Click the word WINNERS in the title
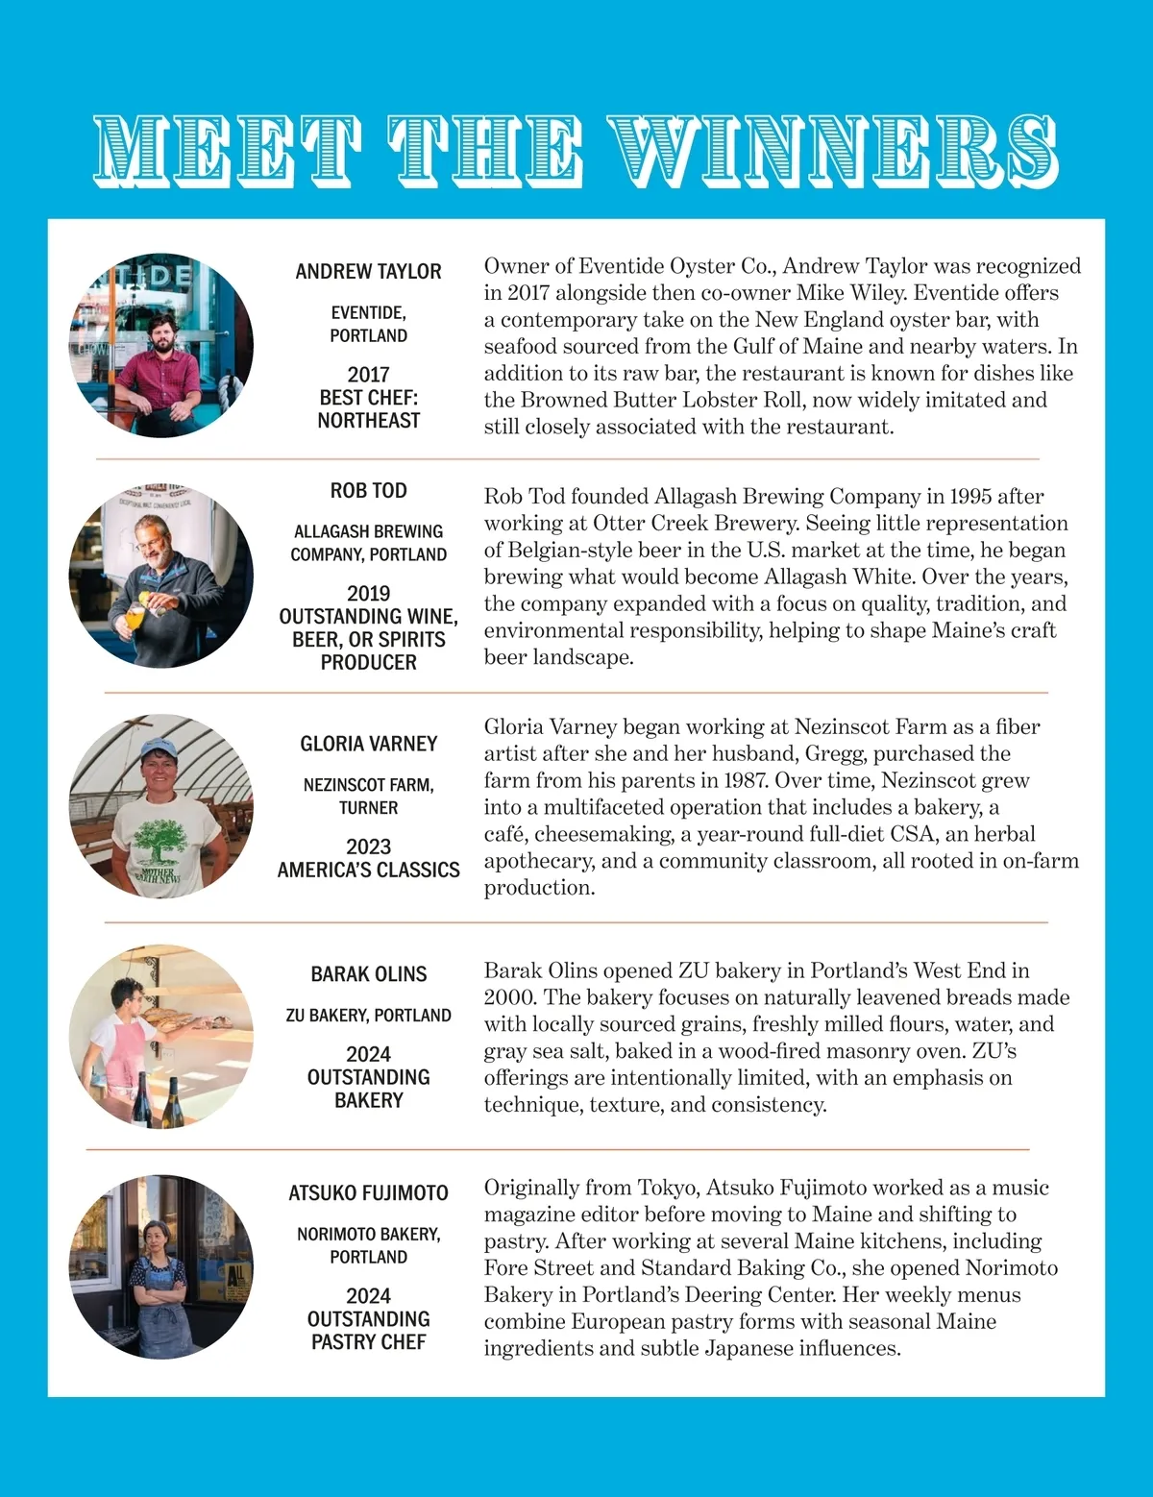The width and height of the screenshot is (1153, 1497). click(834, 150)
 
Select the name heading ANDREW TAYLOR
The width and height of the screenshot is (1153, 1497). click(368, 272)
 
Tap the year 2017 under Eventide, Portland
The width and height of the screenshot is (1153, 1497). click(368, 375)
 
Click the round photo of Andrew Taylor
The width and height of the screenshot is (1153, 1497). click(161, 346)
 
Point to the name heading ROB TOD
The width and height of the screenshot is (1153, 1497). click(368, 491)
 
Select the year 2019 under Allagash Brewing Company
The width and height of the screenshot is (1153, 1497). click(368, 594)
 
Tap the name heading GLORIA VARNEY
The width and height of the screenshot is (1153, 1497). click(368, 744)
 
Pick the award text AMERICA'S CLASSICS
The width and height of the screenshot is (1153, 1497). click(368, 871)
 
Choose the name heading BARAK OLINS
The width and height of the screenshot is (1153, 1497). click(368, 974)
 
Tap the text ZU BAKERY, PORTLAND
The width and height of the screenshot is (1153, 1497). click(368, 1016)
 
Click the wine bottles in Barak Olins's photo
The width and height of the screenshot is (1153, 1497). click(157, 1100)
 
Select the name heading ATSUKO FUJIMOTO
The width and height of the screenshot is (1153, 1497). click(368, 1193)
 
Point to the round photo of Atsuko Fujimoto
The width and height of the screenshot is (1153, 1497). click(161, 1266)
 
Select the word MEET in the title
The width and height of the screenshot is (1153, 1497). click(229, 150)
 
